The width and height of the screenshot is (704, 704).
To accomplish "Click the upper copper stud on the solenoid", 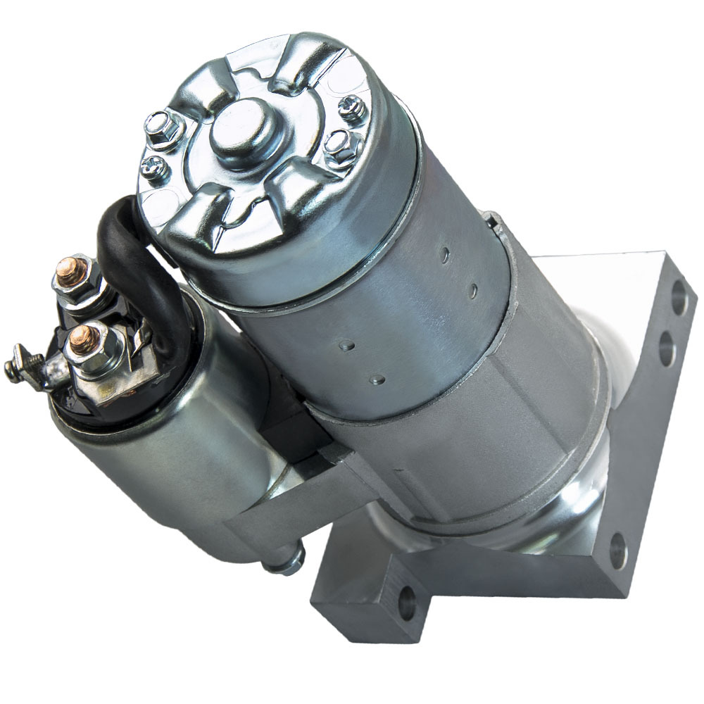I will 80,268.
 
